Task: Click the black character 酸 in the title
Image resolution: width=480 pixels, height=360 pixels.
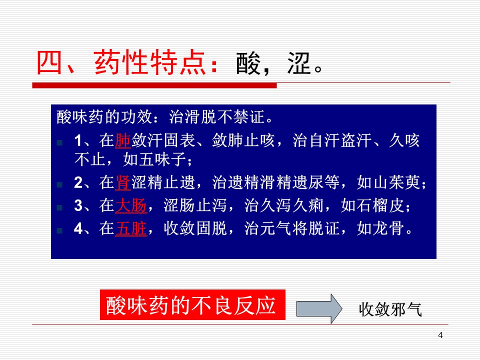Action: tap(248, 63)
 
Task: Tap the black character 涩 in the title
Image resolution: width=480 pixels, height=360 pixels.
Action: tap(299, 63)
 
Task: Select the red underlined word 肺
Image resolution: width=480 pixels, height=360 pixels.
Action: tap(123, 140)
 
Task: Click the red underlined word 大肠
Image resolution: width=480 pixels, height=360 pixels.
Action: tap(131, 205)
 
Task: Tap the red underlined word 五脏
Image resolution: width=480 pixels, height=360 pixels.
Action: tap(131, 228)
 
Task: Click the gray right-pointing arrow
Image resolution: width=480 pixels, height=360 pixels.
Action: tap(319, 308)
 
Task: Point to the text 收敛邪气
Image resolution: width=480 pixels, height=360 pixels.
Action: tap(390, 309)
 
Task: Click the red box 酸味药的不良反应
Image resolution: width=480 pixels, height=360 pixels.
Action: tap(192, 305)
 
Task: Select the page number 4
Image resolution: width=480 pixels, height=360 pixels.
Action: tap(440, 335)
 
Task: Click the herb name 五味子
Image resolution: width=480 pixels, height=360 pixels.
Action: tap(154, 159)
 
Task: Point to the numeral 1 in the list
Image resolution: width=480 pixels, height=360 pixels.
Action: tap(78, 141)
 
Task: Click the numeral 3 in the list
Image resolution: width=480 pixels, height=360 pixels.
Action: tap(78, 205)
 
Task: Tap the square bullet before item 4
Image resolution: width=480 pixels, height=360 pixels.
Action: tap(59, 230)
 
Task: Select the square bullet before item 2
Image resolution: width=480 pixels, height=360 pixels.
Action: tap(59, 184)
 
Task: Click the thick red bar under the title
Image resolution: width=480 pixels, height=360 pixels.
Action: tap(154, 85)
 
